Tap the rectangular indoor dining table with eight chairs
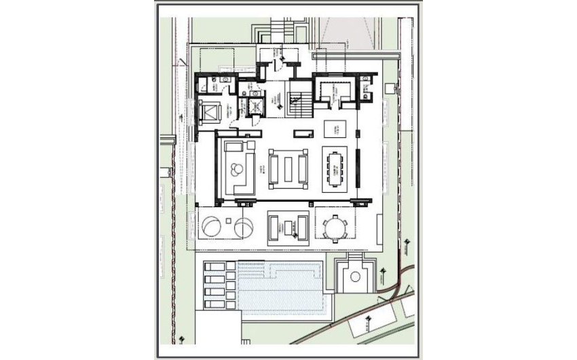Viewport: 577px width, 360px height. coord(335,166)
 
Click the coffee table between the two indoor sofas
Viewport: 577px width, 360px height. coord(288,167)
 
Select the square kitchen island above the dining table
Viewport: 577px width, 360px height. coord(335,129)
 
